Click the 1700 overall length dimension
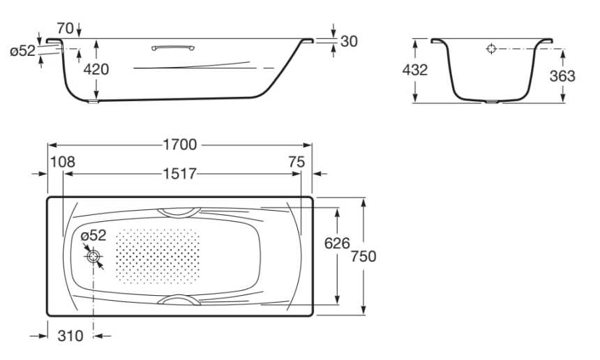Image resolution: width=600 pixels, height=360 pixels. (x=180, y=144)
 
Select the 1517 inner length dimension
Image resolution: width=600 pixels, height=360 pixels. (x=180, y=174)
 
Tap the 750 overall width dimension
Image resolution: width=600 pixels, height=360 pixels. (x=363, y=256)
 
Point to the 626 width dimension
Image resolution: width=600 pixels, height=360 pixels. (x=337, y=243)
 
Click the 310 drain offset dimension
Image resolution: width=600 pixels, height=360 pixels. (x=70, y=336)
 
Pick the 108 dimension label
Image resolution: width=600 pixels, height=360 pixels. (x=63, y=162)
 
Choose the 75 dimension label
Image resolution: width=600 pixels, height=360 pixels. (x=297, y=162)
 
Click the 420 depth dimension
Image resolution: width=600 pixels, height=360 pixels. (x=96, y=69)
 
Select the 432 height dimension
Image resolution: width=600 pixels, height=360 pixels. (x=415, y=70)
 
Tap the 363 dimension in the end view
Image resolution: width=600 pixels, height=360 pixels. (x=562, y=76)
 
